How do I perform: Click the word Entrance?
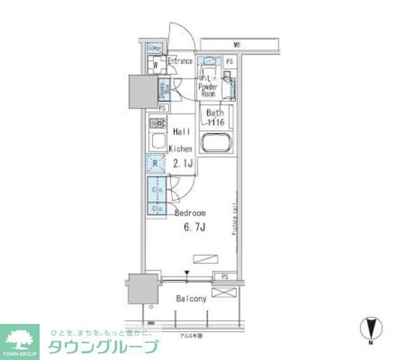[x=180, y=61]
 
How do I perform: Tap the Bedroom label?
[x=190, y=214]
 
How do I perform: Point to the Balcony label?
[x=190, y=299]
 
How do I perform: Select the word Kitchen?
[x=180, y=149]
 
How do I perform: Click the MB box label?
[x=237, y=45]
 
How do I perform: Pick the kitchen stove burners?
[x=158, y=123]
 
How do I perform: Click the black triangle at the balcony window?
[x=187, y=274]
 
